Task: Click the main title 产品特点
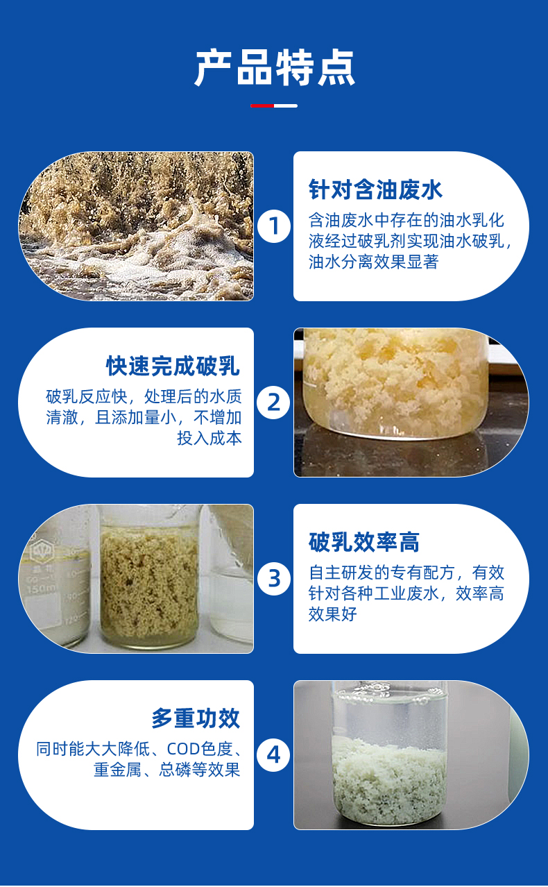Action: click(274, 68)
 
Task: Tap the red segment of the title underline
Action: click(262, 105)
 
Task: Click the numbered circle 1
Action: click(274, 226)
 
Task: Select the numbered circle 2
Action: click(273, 403)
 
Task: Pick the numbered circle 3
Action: click(274, 579)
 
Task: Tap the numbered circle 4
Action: click(273, 754)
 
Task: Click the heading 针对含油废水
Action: click(375, 189)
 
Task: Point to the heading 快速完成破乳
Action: click(173, 366)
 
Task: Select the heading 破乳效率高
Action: click(364, 542)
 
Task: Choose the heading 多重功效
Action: click(196, 718)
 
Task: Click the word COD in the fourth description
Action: click(184, 749)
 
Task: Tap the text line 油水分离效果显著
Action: click(373, 262)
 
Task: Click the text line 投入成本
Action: click(209, 439)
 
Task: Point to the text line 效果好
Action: click(333, 614)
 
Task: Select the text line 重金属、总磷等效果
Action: click(167, 770)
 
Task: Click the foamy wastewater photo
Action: click(137, 226)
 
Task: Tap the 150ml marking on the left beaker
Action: click(41, 589)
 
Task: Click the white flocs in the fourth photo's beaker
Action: click(390, 777)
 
